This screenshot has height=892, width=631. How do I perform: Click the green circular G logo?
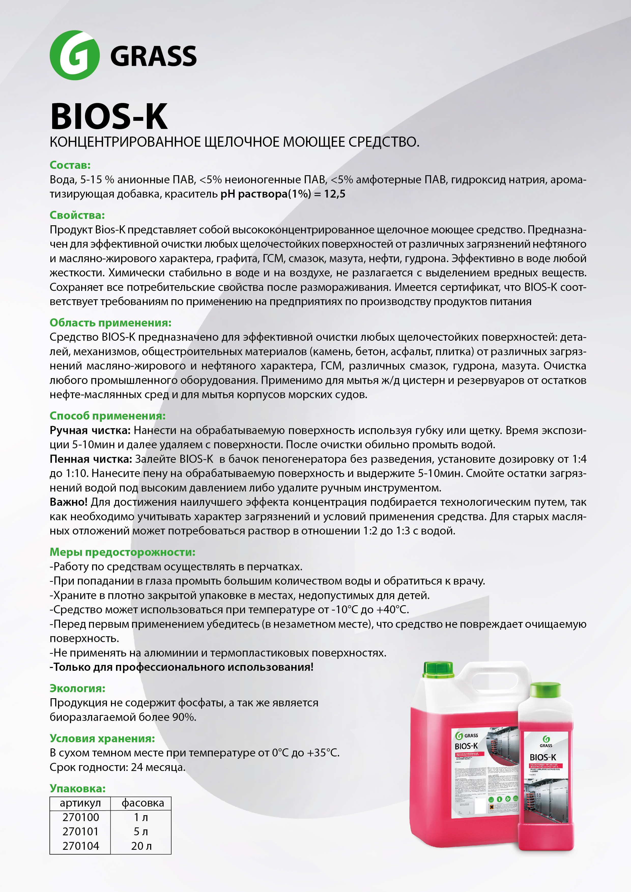pos(75,55)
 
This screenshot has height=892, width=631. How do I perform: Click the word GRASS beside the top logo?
pos(154,56)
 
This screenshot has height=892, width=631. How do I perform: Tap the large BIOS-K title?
pos(109,116)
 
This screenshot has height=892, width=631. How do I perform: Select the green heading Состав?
pos(70,165)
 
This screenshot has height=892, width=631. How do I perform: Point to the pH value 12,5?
pos(335,194)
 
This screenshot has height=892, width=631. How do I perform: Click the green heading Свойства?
pos(77,215)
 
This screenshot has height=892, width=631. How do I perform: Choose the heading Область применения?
pos(110,323)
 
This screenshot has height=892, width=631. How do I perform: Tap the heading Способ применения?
pos(107,416)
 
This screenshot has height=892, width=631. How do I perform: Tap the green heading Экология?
pos(77,688)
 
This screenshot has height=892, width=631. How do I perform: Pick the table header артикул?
pos(80,803)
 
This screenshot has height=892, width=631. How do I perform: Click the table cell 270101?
pos(80,831)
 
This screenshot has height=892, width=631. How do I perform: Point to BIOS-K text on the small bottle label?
pos(543,757)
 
